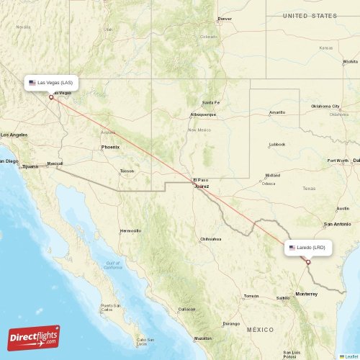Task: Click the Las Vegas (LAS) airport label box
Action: click(x=51, y=83)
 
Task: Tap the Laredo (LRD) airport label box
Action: click(x=308, y=247)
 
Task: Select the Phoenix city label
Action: click(x=110, y=147)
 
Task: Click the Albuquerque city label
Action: click(x=202, y=114)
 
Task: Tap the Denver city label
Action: click(x=225, y=19)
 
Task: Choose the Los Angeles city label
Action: click(x=14, y=135)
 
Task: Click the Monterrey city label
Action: click(x=306, y=294)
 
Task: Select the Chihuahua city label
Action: click(x=210, y=238)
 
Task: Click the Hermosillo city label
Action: click(x=130, y=230)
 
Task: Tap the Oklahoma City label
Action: click(x=325, y=106)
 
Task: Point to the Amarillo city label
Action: click(x=276, y=112)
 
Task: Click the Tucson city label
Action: click(x=127, y=171)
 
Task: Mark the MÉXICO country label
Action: click(x=260, y=329)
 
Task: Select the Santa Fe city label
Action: click(x=210, y=102)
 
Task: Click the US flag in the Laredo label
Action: click(x=292, y=247)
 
